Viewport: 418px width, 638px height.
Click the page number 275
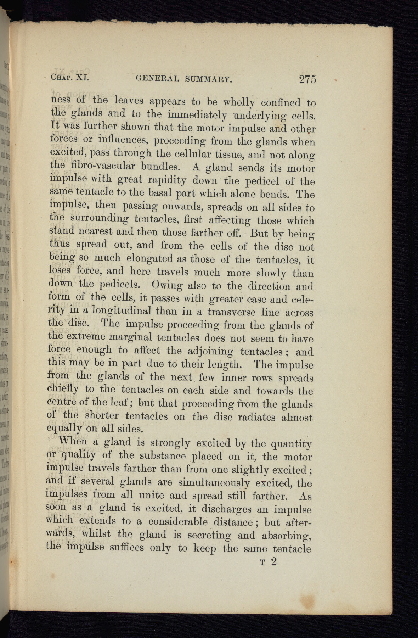click(307, 79)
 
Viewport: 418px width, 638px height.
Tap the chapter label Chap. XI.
click(70, 77)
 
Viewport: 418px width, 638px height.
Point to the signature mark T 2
click(268, 562)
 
